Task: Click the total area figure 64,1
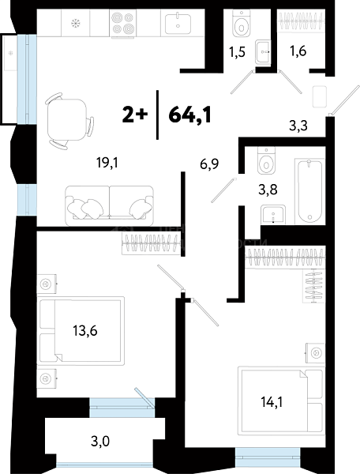[189, 115]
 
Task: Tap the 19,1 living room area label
[107, 163]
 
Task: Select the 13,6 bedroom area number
[85, 331]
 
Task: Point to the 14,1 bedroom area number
[272, 402]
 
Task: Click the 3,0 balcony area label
[100, 442]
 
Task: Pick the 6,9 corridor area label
[209, 164]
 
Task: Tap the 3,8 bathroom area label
[268, 190]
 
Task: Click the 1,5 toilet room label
[237, 52]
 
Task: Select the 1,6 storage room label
[298, 51]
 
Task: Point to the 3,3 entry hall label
[298, 125]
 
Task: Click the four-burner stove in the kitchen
[123, 23]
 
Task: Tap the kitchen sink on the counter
[178, 23]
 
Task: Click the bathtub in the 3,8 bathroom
[309, 190]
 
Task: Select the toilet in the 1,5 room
[242, 24]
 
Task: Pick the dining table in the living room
[67, 120]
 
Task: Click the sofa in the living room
[109, 205]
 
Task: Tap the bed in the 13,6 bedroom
[81, 331]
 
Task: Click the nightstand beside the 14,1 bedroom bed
[315, 352]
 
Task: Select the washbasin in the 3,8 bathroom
[273, 215]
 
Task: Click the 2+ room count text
[135, 115]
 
